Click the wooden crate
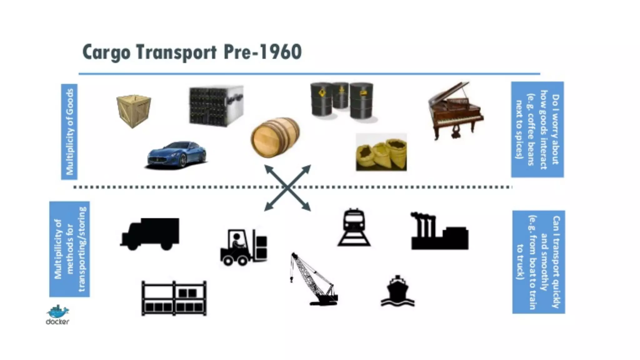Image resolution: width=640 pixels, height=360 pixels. (134, 111)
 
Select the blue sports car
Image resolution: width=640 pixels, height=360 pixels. (177, 155)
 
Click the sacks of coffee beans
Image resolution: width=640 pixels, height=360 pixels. (381, 152)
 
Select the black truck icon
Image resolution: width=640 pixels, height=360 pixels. (150, 234)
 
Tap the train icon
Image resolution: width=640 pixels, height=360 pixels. (354, 227)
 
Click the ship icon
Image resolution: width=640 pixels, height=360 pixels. (397, 291)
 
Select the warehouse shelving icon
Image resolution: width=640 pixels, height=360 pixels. (174, 298)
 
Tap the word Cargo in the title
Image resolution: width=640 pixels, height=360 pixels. (107, 52)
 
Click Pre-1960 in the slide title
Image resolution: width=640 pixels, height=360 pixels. (262, 52)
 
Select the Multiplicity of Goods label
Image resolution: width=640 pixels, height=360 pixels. (69, 132)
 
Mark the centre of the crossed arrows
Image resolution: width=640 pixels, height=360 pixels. (287, 188)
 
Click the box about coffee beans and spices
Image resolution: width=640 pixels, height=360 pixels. (537, 129)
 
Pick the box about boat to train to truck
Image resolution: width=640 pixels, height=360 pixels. (538, 262)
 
